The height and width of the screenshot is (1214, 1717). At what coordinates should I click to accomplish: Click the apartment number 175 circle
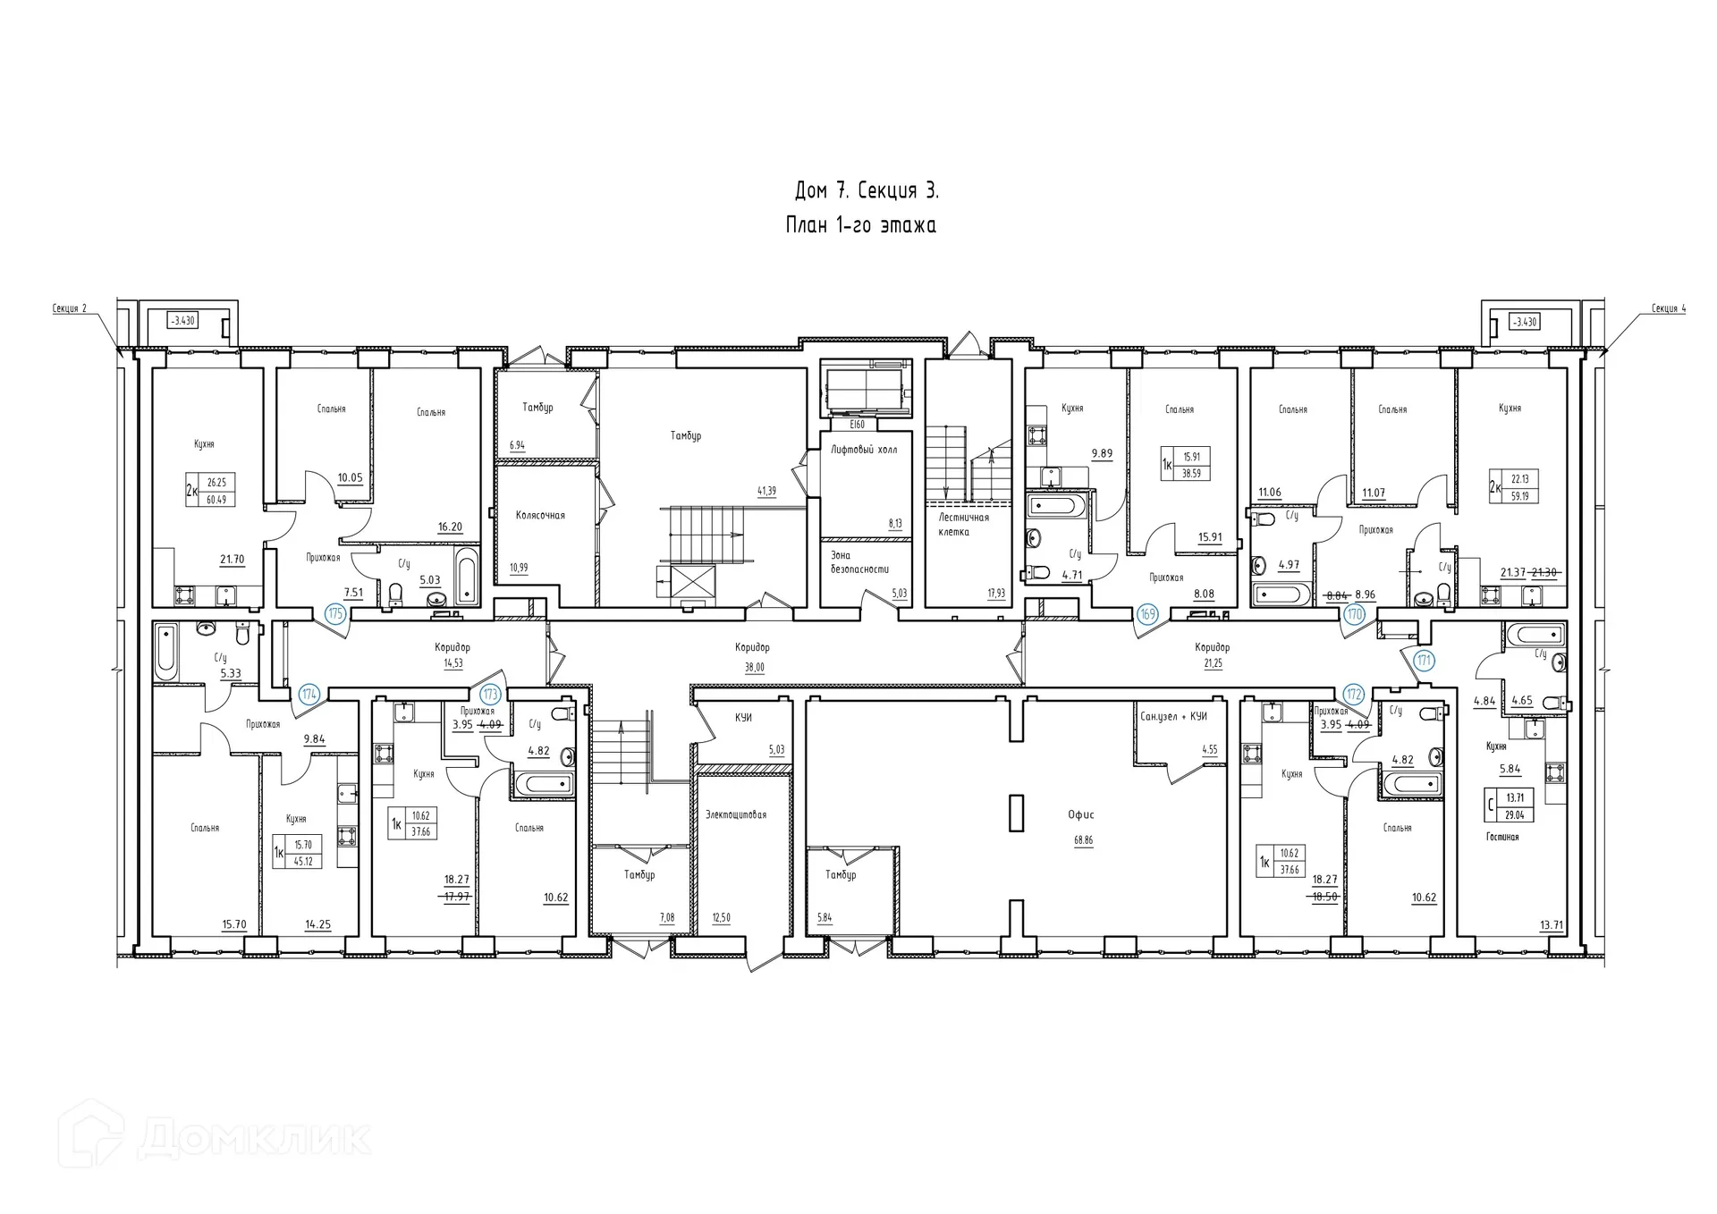coord(335,613)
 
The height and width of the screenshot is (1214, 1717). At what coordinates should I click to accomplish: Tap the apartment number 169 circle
coord(1147,614)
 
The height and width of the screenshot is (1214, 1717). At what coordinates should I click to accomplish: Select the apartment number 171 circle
coord(1424,662)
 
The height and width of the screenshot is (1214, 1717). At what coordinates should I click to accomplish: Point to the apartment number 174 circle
coord(309,694)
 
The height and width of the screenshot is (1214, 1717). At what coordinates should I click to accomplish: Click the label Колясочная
coord(540,516)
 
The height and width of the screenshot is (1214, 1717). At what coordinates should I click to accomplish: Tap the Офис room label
coord(1081,815)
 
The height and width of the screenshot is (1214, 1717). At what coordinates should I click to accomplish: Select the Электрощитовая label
coord(735,815)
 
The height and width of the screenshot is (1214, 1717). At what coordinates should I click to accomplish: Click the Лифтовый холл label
coord(864,450)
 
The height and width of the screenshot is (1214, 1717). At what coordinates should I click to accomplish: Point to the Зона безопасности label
coord(859,562)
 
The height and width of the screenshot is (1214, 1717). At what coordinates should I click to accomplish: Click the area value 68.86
coord(1083,840)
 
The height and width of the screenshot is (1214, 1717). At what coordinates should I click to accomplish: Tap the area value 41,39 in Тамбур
coord(766,491)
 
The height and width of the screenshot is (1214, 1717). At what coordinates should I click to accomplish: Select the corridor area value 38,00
coord(755,667)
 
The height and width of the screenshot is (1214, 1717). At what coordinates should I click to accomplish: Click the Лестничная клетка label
coord(964,525)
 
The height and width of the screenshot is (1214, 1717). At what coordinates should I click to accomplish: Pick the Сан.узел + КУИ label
coord(1173,717)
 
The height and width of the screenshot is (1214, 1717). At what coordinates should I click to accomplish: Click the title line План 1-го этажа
coord(861,226)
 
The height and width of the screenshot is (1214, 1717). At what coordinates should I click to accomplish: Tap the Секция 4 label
coord(1669,309)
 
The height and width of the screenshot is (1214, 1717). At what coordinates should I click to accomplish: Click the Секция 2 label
coord(70,309)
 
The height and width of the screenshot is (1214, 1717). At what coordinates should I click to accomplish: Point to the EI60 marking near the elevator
coord(857,425)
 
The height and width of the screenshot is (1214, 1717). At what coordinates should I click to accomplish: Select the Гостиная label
coord(1502,838)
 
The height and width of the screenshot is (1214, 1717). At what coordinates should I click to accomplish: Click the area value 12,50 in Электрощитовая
coord(721,918)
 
